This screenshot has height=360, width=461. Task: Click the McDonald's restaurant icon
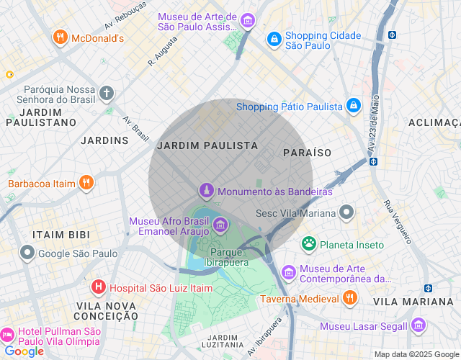[x=60, y=37]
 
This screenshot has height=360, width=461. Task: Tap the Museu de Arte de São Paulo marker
[x=248, y=21]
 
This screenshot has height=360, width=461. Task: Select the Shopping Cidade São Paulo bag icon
[x=274, y=40]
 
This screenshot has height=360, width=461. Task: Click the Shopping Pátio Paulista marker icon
[x=354, y=107]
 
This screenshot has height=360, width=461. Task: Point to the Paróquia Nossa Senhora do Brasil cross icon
[x=107, y=93]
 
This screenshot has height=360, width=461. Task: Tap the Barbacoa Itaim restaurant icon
[x=86, y=183]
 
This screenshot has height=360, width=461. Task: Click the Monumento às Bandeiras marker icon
[x=207, y=192]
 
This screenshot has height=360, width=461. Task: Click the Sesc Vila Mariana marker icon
[x=347, y=212]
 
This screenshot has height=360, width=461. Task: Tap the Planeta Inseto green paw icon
[x=309, y=244]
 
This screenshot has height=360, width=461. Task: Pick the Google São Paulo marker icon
[x=27, y=253]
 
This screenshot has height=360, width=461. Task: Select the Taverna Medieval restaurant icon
[x=349, y=298]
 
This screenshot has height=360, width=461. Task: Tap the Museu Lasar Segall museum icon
[x=419, y=325]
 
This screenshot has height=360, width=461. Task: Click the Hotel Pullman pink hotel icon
[x=7, y=335]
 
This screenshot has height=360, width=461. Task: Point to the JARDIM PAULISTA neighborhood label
[x=207, y=145]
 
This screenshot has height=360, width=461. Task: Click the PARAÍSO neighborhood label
[x=307, y=153]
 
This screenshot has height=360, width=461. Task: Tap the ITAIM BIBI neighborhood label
[x=61, y=235]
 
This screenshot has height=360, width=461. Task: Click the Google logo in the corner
[x=24, y=351]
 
